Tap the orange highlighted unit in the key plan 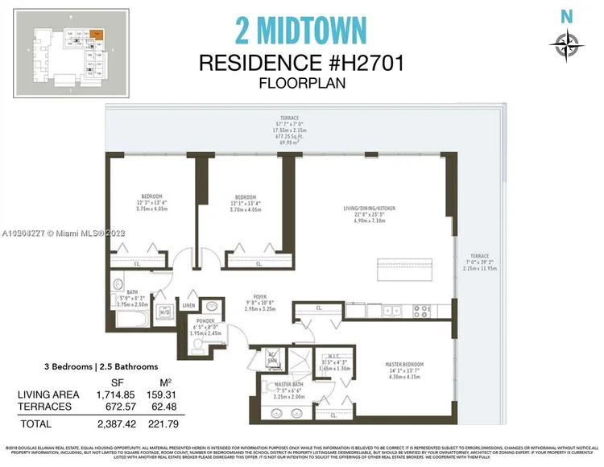[x=97, y=35]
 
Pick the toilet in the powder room [x=198, y=344]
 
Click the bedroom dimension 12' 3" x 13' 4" [x=152, y=203]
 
